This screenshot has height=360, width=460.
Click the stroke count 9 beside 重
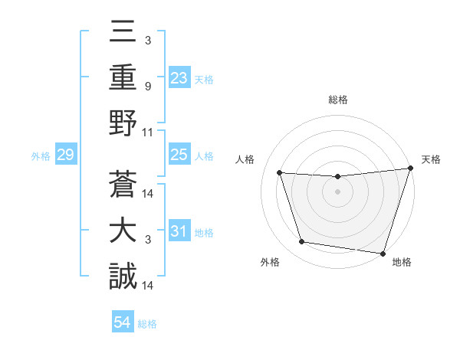148,87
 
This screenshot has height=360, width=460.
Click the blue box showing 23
179,77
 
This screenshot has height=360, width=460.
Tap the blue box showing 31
179,231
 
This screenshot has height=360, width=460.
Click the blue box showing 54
123,322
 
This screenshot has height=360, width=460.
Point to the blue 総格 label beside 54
147,324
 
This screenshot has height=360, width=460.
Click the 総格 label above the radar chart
337,100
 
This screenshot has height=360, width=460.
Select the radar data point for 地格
383,252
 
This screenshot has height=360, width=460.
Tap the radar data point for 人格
279,173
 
